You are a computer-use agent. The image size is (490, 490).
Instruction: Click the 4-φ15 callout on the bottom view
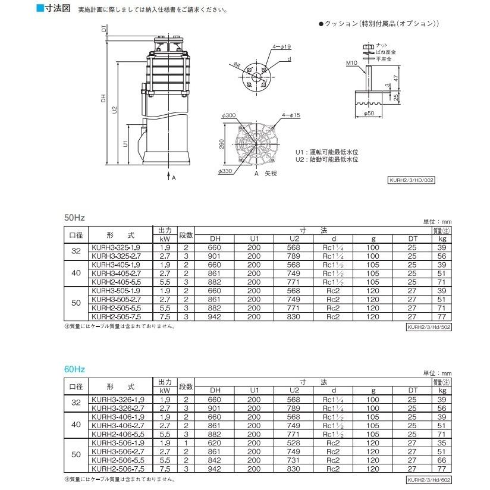coord(283,114)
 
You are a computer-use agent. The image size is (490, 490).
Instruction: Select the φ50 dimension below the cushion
coord(369,112)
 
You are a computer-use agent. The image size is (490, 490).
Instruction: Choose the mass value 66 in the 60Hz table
coord(441,460)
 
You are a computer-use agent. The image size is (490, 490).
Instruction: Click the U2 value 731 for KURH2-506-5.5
coord(294,460)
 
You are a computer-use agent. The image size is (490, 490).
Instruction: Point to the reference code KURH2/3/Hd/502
coord(429,326)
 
